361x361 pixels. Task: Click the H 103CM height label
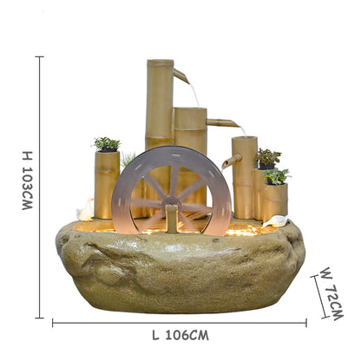(x=26, y=180)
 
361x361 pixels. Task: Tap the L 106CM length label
(x=180, y=334)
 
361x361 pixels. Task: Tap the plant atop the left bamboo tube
(x=107, y=143)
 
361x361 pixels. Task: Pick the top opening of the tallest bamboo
(x=159, y=62)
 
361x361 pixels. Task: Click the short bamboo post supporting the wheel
(x=173, y=220)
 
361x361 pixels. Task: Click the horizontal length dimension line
(x=180, y=322)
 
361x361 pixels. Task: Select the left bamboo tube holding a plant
(x=107, y=184)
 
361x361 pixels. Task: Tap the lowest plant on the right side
(x=276, y=176)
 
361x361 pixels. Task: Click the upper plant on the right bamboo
(x=268, y=157)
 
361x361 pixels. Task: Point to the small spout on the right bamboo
(x=229, y=161)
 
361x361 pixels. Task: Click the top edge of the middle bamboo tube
(x=189, y=109)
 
